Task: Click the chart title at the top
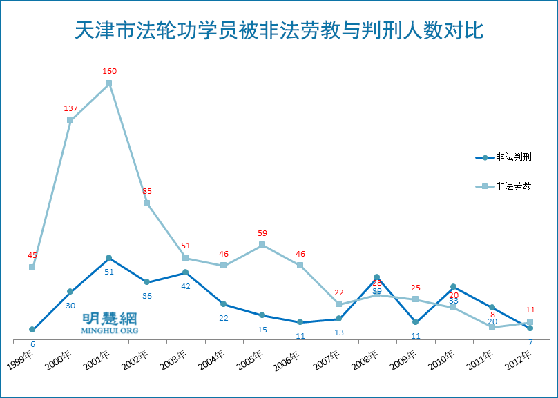point(278,31)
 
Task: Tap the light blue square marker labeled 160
point(109,83)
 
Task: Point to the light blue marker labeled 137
point(70,119)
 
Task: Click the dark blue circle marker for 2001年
point(109,257)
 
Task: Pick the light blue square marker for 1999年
point(32,267)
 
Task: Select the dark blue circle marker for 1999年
point(32,330)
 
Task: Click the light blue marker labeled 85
point(147,203)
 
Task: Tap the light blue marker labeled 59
point(262,244)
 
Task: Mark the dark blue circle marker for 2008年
point(376,277)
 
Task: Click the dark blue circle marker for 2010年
point(453,286)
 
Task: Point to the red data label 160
point(109,71)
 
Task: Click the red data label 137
point(70,108)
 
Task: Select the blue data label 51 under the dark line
point(109,272)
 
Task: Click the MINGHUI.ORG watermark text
point(110,331)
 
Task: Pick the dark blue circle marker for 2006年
point(300,322)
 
